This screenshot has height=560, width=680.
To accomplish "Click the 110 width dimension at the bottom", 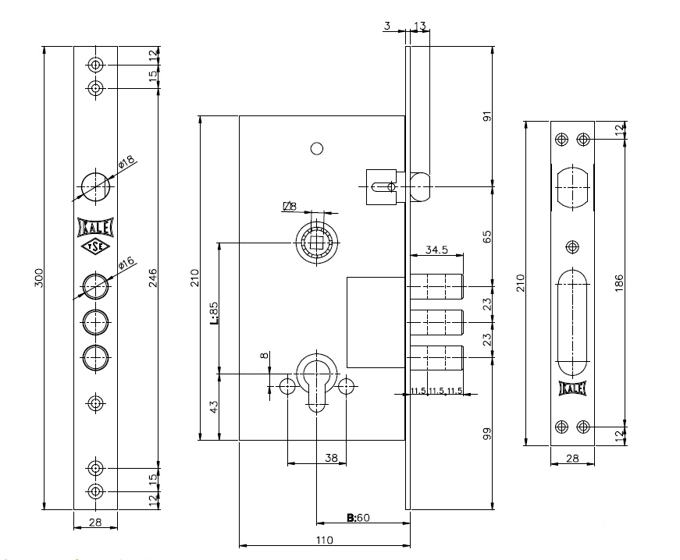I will tap(324, 540).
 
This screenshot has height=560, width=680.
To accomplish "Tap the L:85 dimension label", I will tap(213, 313).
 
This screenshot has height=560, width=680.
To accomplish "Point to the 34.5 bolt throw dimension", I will tap(436, 250).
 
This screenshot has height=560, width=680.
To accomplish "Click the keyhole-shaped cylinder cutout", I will tap(316, 381).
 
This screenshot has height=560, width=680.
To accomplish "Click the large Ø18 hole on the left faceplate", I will tap(95, 184).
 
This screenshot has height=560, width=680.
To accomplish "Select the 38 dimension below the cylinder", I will tap(330, 459).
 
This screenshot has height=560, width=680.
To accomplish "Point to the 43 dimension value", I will tap(213, 406).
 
